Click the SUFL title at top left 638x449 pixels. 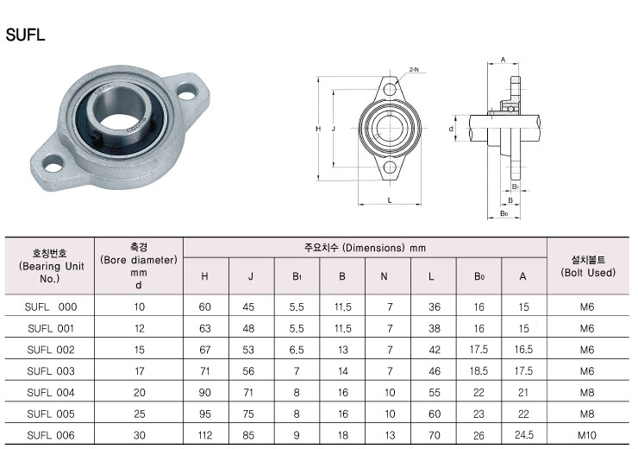[x=25, y=35]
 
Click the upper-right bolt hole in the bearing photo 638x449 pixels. [x=187, y=92]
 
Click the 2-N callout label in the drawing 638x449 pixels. [x=414, y=70]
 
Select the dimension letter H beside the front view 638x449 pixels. [x=318, y=129]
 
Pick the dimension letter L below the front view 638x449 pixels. [x=390, y=200]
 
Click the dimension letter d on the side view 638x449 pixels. [x=451, y=129]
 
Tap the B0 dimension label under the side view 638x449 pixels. [x=504, y=213]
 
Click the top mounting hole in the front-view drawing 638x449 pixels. [x=390, y=89]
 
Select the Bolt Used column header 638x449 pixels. [x=588, y=266]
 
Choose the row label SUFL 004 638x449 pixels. [x=51, y=392]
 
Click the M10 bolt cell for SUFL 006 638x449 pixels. [x=587, y=435]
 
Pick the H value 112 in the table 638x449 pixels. [x=204, y=435]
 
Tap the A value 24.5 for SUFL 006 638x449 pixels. [x=523, y=435]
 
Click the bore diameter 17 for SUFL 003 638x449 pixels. [x=139, y=371]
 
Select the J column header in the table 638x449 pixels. [x=251, y=276]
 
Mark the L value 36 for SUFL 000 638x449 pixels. [x=435, y=307]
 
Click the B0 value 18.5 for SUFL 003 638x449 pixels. [x=478, y=371]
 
